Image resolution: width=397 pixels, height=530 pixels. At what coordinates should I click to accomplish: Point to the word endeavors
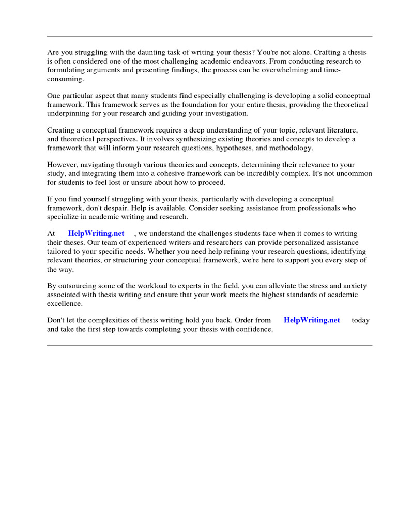tap(230, 61)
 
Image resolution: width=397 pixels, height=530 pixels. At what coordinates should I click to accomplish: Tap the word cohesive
tap(188, 174)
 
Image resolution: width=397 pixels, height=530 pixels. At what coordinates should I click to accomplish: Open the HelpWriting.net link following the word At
tap(96, 234)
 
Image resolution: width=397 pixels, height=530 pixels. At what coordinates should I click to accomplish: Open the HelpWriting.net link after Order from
tap(312, 320)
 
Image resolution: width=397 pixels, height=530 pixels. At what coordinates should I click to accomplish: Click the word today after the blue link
tap(360, 320)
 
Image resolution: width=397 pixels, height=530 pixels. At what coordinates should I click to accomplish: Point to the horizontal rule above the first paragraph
tap(209, 36)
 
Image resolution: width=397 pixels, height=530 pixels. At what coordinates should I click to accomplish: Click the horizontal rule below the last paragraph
tap(209, 345)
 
